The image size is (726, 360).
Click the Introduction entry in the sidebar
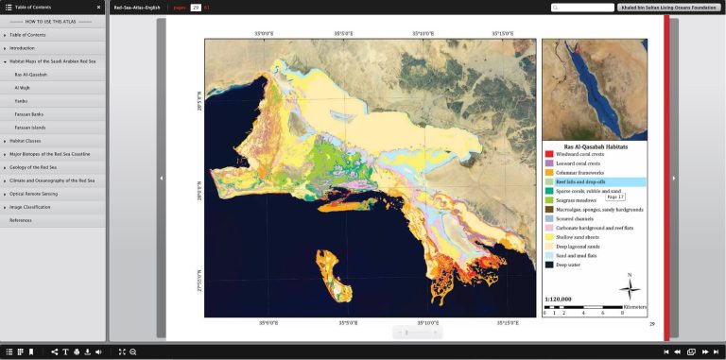(22, 47)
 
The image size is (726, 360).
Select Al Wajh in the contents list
(23, 87)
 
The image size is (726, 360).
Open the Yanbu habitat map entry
(22, 100)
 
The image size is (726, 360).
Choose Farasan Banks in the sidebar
(28, 113)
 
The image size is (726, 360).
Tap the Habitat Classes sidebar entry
(25, 140)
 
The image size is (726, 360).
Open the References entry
(20, 220)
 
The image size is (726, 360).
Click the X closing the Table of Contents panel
(98, 7)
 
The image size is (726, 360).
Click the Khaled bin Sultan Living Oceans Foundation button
(668, 8)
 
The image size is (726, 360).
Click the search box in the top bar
(581, 8)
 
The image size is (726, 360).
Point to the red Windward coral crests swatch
(549, 154)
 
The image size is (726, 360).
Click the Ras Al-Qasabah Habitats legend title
(596, 146)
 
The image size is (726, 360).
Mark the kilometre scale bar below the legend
(592, 307)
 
